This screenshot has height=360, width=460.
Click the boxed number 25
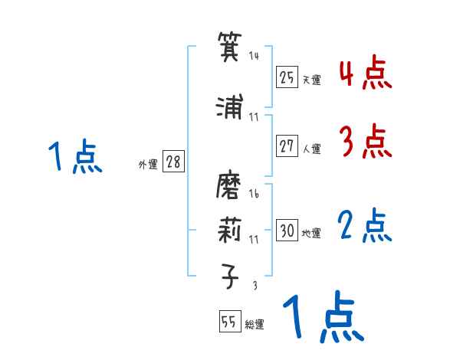point(287,77)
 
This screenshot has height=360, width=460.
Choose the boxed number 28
point(173,163)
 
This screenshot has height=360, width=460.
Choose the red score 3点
point(365,141)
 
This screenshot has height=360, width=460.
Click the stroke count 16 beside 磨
point(254,195)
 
